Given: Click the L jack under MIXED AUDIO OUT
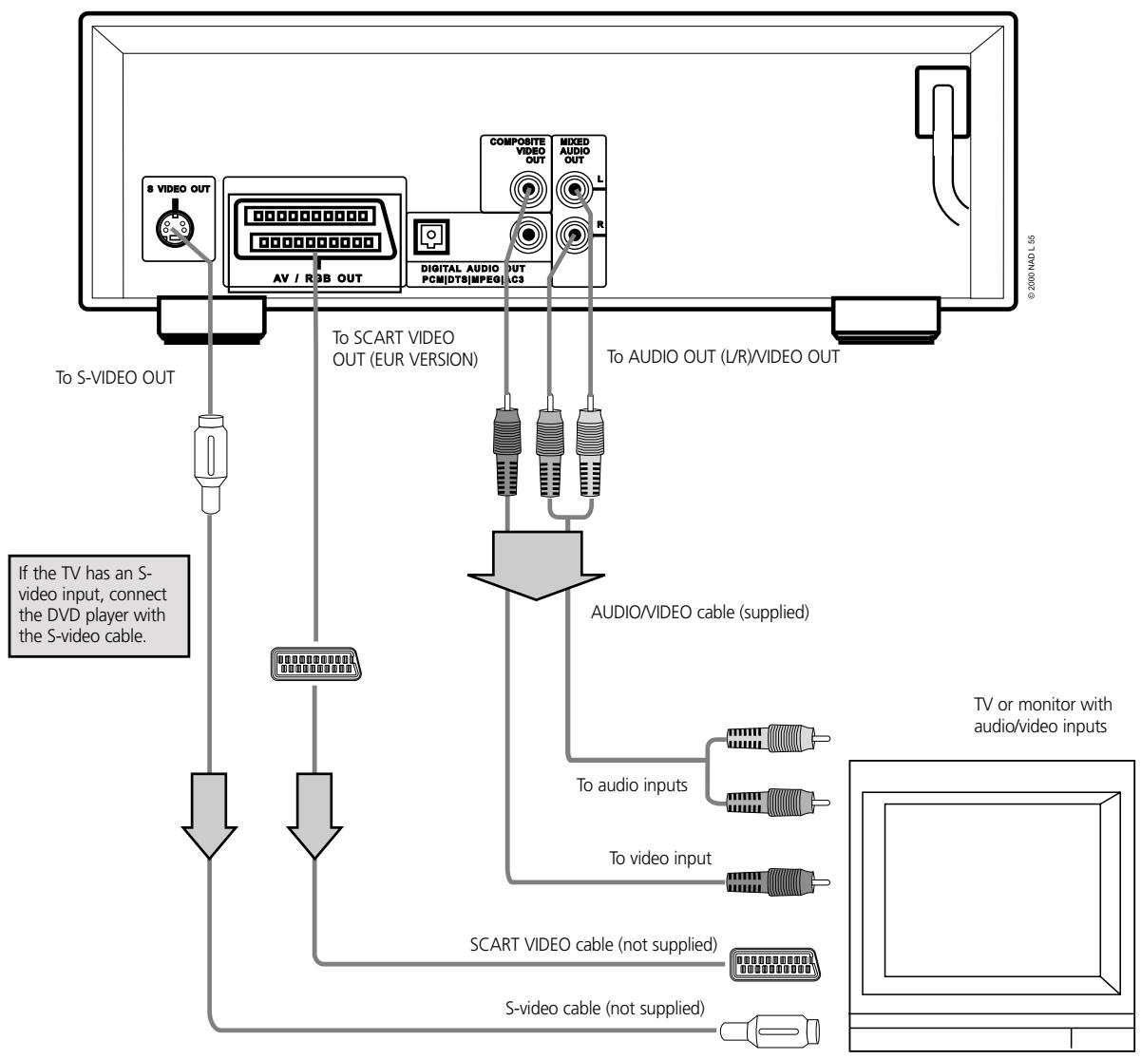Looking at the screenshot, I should pos(573,190).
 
